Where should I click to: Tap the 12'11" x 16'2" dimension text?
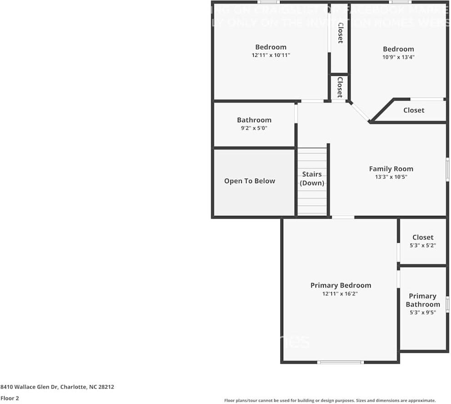pyautogui.click(x=341, y=294)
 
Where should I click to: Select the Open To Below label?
pyautogui.click(x=250, y=181)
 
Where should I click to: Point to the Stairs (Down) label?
pyautogui.click(x=312, y=179)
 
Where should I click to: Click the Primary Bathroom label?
pyautogui.click(x=423, y=300)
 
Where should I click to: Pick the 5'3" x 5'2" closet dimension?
pyautogui.click(x=423, y=245)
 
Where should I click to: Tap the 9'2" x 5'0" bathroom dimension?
pyautogui.click(x=254, y=128)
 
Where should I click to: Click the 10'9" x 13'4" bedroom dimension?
pyautogui.click(x=398, y=57)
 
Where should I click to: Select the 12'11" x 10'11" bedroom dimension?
pyautogui.click(x=271, y=55)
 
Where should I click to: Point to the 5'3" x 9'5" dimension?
pyautogui.click(x=423, y=313)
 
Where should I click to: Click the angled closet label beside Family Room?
pyautogui.click(x=414, y=110)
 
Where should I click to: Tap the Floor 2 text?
pyautogui.click(x=10, y=398)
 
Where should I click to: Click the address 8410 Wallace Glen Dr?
pyautogui.click(x=57, y=387)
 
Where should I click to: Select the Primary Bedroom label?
pyautogui.click(x=341, y=285)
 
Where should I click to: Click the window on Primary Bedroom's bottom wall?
pyautogui.click(x=341, y=362)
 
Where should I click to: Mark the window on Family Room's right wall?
pyautogui.click(x=447, y=169)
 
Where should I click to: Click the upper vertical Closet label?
pyautogui.click(x=340, y=33)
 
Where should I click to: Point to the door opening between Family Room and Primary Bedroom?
pyautogui.click(x=343, y=217)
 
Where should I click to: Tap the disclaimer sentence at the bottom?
pyautogui.click(x=330, y=400)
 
